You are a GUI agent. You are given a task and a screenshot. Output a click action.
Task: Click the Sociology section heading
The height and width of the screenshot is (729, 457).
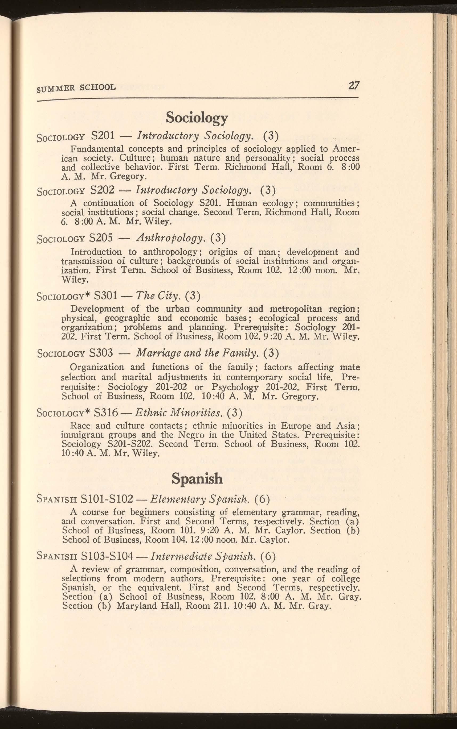click(x=197, y=118)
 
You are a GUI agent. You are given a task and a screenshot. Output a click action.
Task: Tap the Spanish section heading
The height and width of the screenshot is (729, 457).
click(x=197, y=479)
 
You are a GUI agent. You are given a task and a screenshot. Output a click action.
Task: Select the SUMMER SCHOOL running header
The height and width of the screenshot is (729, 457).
click(x=76, y=88)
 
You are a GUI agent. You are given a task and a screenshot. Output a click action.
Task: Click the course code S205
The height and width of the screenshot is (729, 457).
click(x=101, y=238)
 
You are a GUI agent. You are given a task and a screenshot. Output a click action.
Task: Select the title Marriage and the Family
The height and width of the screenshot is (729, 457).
click(x=198, y=353)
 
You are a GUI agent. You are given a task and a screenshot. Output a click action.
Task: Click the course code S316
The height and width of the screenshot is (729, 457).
click(x=106, y=412)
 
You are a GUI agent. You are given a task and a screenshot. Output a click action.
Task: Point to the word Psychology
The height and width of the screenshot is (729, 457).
click(x=235, y=387)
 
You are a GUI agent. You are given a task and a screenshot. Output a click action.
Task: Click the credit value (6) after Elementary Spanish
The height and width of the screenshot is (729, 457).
click(x=262, y=499)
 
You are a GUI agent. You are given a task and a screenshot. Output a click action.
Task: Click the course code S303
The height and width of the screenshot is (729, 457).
click(x=101, y=353)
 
